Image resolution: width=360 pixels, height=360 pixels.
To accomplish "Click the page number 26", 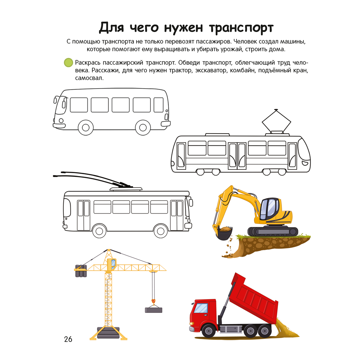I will (68, 339).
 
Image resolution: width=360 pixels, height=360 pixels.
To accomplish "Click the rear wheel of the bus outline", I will (143, 127).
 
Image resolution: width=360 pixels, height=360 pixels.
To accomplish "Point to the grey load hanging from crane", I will (154, 310).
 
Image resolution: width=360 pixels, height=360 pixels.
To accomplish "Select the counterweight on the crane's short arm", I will (81, 271).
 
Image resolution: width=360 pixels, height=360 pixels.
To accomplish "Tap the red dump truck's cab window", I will (202, 308).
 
